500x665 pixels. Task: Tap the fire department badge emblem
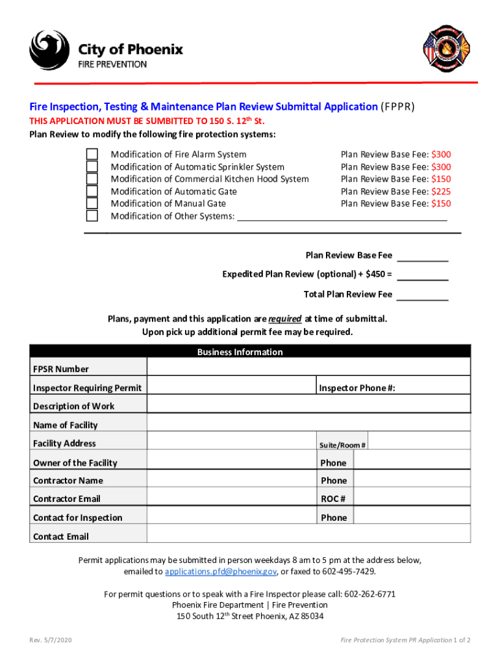(x=445, y=49)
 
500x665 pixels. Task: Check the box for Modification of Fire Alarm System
(x=93, y=155)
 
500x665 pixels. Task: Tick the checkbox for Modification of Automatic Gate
(x=93, y=192)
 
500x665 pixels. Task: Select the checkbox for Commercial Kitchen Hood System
(x=93, y=179)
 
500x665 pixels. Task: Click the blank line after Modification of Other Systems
(x=342, y=216)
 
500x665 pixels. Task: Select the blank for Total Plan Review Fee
(x=422, y=295)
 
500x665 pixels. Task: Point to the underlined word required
(x=284, y=319)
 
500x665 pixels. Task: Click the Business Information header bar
(x=250, y=352)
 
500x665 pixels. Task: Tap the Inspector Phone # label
(x=357, y=388)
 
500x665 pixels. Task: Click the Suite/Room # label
(x=343, y=445)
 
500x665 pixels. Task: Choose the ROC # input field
(x=412, y=499)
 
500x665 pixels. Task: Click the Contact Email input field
(x=308, y=536)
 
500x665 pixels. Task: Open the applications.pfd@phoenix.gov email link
(x=221, y=571)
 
